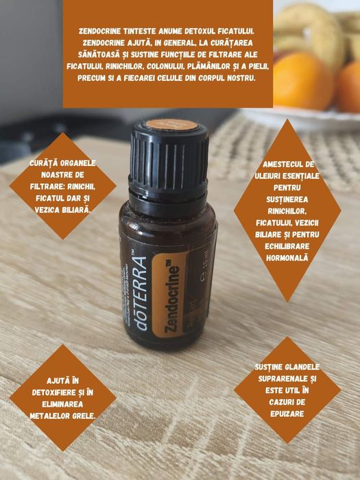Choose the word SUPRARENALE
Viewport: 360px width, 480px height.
278,378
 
